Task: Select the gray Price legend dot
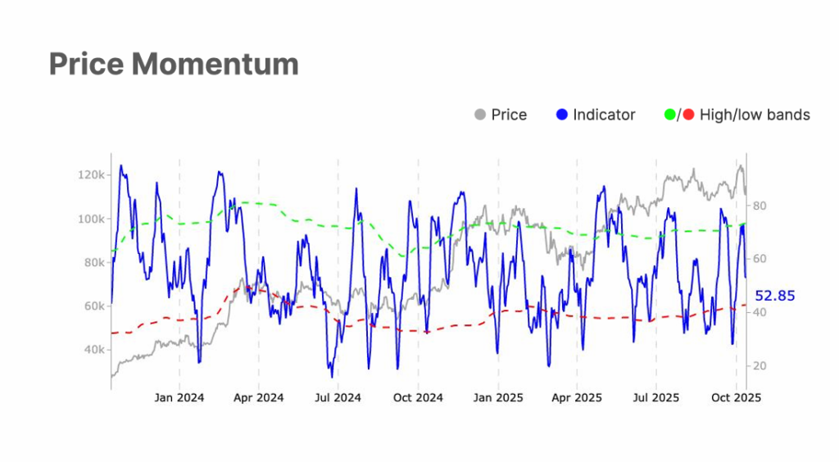pyautogui.click(x=480, y=115)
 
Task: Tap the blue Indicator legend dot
pyautogui.click(x=561, y=115)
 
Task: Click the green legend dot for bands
pyautogui.click(x=669, y=115)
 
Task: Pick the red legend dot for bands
pyautogui.click(x=688, y=115)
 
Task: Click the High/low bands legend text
pyautogui.click(x=754, y=115)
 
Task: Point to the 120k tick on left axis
pyautogui.click(x=89, y=175)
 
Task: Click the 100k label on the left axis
pyautogui.click(x=89, y=219)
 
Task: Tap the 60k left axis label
pyautogui.click(x=92, y=306)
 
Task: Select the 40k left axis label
pyautogui.click(x=92, y=350)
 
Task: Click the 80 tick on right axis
pyautogui.click(x=760, y=206)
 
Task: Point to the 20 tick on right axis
pyautogui.click(x=760, y=365)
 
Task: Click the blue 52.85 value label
pyautogui.click(x=774, y=296)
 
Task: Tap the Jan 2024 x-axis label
pyautogui.click(x=179, y=398)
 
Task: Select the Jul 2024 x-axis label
pyautogui.click(x=338, y=398)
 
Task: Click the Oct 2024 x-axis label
pyautogui.click(x=418, y=398)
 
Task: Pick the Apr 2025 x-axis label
pyautogui.click(x=577, y=398)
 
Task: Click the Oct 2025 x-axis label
pyautogui.click(x=736, y=398)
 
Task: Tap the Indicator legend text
pyautogui.click(x=604, y=115)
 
